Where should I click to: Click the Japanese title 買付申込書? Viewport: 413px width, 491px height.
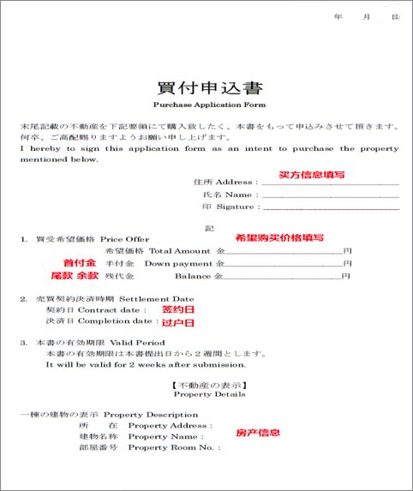[x=209, y=88]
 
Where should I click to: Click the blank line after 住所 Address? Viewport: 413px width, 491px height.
[x=330, y=183]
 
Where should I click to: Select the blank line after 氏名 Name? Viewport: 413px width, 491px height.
[x=330, y=196]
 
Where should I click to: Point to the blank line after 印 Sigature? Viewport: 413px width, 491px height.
[x=330, y=209]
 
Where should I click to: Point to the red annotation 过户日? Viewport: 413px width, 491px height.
[x=178, y=322]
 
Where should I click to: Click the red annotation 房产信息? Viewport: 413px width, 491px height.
[x=257, y=433]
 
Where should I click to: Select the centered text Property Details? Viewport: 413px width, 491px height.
[x=208, y=395]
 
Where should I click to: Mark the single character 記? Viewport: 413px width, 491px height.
[x=208, y=226]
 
